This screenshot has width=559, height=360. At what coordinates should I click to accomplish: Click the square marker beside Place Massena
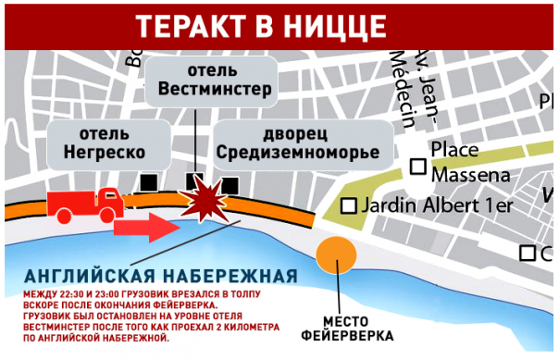pos(418,166)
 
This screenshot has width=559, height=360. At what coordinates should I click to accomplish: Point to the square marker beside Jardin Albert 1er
pos(349,205)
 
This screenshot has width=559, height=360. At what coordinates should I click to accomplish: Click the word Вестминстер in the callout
pos(215,90)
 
